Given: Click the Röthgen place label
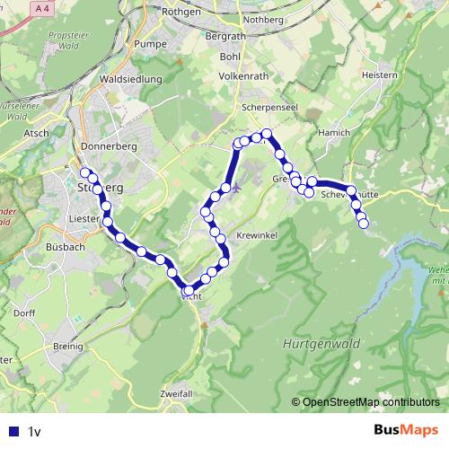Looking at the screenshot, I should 181,13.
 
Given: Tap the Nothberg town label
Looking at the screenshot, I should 274,17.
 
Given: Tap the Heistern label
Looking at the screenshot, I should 378,75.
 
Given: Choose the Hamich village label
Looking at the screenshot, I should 336,132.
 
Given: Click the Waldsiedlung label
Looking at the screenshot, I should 131,79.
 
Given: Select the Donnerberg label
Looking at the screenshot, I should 106,145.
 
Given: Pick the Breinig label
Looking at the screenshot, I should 68,346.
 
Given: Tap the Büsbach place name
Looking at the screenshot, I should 64,245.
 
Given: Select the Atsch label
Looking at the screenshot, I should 37,133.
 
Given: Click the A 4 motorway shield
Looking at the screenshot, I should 42,7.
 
